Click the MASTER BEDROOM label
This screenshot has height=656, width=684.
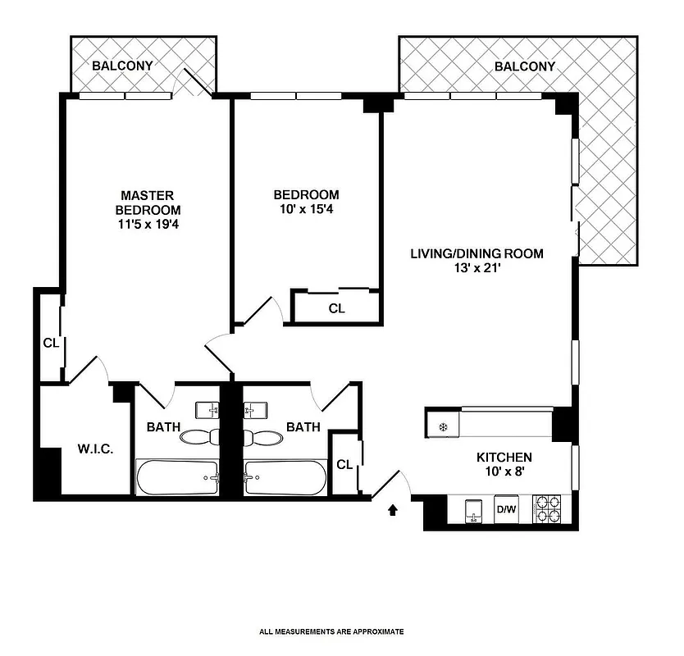coord(148,203)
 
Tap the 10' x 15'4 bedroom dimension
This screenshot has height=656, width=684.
coord(306,209)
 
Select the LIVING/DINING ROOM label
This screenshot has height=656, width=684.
coord(477,253)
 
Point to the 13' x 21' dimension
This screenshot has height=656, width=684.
coord(477,268)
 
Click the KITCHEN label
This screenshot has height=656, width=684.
coord(504,458)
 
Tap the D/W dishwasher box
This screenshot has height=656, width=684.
coord(507,510)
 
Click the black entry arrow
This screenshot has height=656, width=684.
coord(393,511)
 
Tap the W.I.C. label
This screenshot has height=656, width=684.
coord(94,450)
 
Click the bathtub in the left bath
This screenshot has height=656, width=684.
coord(176,477)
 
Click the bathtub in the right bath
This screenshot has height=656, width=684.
coord(285,477)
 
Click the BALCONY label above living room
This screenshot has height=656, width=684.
coord(525,66)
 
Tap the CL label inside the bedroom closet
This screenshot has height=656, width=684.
coord(336,309)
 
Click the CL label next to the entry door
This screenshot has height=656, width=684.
coord(344,465)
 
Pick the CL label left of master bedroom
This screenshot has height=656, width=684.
coord(51,343)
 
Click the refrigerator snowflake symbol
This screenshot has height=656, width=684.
coord(442,426)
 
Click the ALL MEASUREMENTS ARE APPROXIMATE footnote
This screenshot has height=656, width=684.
coord(331,631)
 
